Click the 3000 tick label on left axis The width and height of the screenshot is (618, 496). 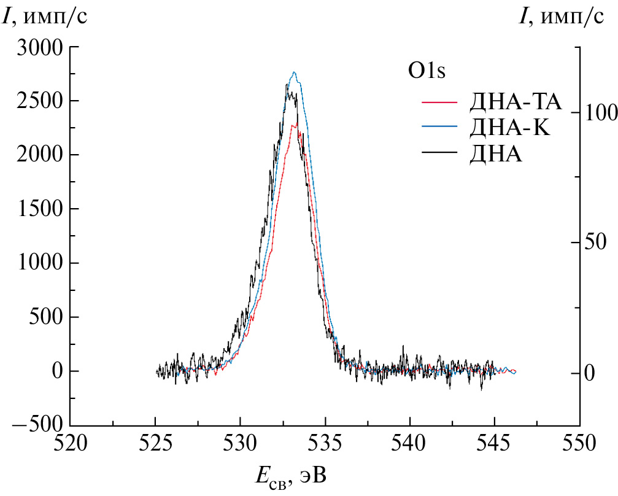tap(41, 47)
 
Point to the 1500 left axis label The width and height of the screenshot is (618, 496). tap(41, 209)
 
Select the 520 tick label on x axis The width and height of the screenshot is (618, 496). tap(70, 442)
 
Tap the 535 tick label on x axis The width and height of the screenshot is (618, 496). tap(325, 442)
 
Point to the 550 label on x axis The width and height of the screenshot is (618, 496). tap(580, 442)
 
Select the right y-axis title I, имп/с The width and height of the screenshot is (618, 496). tap(561, 17)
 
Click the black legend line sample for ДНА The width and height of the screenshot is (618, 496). tap(440, 155)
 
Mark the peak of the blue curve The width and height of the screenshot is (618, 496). tap(295, 72)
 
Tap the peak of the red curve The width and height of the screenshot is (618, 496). tap(297, 123)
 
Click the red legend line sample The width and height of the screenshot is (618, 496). tap(440, 100)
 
